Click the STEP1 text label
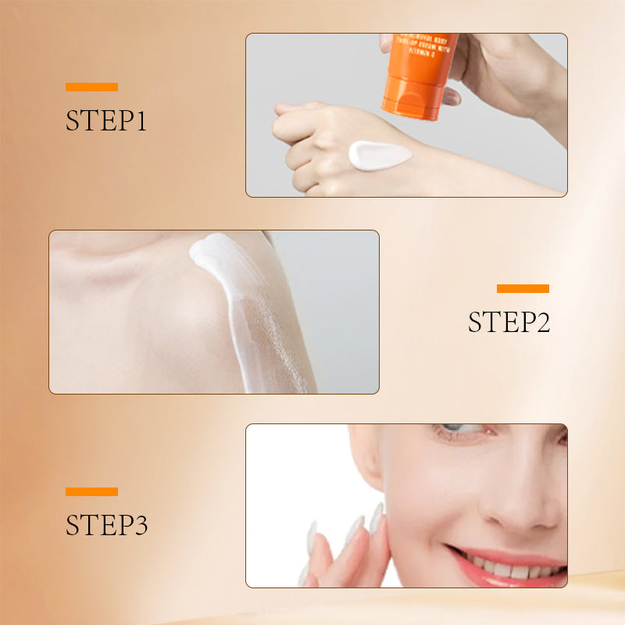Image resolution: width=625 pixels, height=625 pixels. [106, 121]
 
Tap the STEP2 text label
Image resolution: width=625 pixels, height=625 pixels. [509, 322]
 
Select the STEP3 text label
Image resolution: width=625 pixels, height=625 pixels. [106, 525]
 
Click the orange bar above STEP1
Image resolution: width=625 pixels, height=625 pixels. [91, 87]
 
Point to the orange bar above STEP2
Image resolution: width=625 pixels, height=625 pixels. [523, 288]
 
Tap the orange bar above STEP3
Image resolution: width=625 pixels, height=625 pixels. [91, 491]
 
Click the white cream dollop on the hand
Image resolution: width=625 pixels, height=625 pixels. [378, 154]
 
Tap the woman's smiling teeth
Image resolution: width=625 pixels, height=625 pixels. [508, 563]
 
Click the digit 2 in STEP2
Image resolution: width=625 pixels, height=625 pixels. [540, 322]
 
